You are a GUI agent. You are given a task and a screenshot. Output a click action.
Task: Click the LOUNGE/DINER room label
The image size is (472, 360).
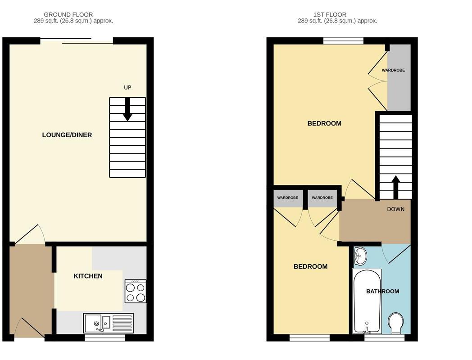click(67, 135)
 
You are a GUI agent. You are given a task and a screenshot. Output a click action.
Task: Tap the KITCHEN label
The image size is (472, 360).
click(88, 276)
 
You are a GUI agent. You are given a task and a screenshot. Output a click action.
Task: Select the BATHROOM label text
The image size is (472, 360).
click(382, 291)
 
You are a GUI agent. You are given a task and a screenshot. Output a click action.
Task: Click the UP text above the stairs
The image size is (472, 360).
click(127, 87)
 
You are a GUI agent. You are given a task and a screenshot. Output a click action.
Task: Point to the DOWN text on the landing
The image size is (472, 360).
click(395, 209)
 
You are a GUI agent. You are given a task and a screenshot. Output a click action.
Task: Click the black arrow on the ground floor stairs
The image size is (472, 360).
click(127, 109)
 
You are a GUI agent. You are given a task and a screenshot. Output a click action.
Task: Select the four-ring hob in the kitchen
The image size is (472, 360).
click(136, 291)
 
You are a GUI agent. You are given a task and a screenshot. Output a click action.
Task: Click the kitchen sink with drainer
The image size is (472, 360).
click(108, 323)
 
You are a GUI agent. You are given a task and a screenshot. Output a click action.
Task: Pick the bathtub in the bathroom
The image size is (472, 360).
click(367, 301)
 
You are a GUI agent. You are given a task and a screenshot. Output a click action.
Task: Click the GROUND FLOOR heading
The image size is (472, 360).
click(68, 15)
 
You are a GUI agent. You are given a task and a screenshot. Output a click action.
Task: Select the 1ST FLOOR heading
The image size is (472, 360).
click(337, 15)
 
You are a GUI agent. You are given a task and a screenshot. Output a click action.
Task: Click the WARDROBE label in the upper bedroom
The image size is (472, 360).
click(393, 70)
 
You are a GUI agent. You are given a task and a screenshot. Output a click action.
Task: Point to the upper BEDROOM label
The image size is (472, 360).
click(324, 123)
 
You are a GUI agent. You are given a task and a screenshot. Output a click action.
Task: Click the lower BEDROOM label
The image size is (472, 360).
click(310, 266)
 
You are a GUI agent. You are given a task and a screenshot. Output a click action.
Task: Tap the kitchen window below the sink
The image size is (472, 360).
click(105, 337)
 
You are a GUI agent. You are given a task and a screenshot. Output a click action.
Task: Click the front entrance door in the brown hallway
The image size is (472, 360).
click(29, 328)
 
